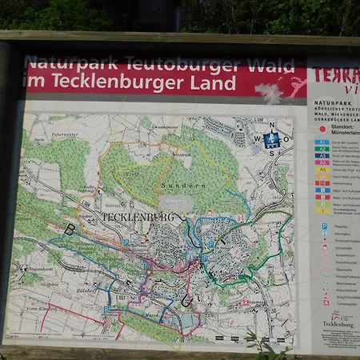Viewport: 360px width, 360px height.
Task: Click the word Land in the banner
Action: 214,83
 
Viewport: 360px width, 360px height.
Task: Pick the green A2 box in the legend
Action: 322,150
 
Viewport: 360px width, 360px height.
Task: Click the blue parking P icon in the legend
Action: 325,226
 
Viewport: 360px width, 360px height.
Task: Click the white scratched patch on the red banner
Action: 269,93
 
